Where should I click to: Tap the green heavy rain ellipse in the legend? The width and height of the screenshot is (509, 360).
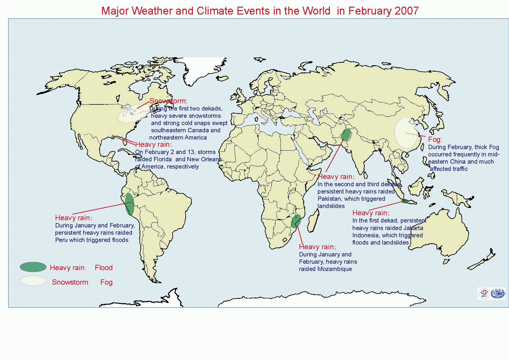[33, 267]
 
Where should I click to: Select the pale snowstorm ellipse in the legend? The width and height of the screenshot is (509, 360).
[33, 281]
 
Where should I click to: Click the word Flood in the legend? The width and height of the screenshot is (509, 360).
[104, 267]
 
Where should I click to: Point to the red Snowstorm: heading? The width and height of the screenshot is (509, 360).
[168, 101]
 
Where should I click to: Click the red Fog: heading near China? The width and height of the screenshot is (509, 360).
[435, 140]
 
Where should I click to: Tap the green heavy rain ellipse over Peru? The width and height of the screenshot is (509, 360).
[129, 204]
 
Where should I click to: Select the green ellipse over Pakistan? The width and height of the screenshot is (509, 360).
[346, 135]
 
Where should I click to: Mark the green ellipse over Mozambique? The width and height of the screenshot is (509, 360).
[296, 221]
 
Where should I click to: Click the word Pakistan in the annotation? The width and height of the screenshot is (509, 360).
[329, 199]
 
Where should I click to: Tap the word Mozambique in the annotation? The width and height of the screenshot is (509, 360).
[335, 269]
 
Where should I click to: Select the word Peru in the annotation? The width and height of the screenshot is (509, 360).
[61, 240]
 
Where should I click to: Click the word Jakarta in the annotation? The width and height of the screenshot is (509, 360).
[413, 228]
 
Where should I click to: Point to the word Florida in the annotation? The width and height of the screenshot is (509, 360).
[161, 159]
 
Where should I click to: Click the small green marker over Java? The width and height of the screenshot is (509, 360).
[405, 201]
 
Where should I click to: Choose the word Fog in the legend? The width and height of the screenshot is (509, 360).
[106, 282]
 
